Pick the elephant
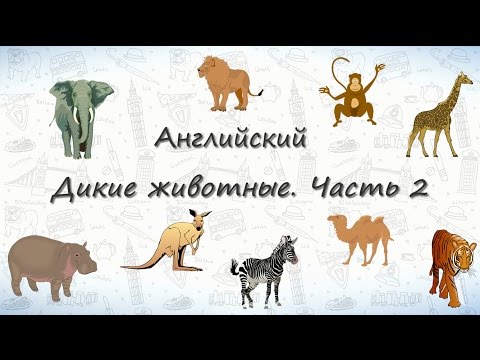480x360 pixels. pyautogui.click(x=79, y=115)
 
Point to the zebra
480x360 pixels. pyautogui.click(x=266, y=267)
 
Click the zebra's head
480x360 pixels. pyautogui.click(x=290, y=244)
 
